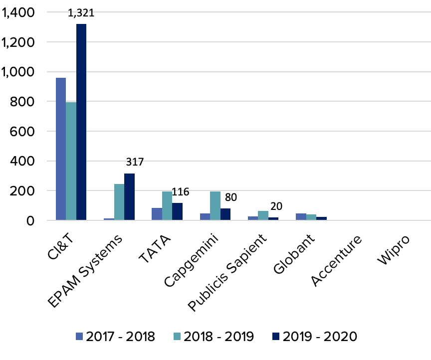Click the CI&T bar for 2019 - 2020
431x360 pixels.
tap(81, 122)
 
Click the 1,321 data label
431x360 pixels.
tap(81, 14)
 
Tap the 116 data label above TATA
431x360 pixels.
tap(181, 192)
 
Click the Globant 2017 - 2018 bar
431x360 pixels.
tap(301, 216)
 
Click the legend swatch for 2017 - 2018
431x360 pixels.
tap(79, 336)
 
